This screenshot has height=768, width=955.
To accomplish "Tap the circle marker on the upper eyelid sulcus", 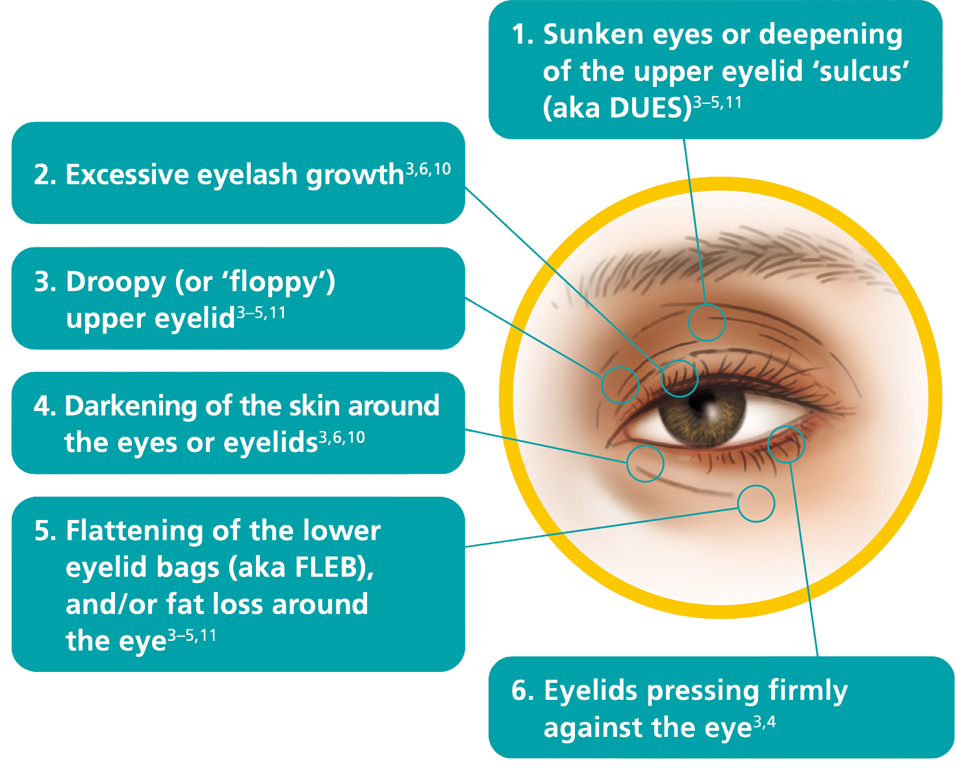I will (707, 322).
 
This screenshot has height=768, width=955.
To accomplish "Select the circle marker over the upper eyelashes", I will (680, 378).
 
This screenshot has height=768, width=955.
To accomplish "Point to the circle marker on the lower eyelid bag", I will (756, 503).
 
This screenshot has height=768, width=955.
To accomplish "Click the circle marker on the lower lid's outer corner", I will (786, 445).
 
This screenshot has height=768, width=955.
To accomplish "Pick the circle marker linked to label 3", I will (620, 384).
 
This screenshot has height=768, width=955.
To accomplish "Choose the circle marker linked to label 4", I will (645, 464).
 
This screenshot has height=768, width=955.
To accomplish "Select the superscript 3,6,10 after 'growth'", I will (428, 170).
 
